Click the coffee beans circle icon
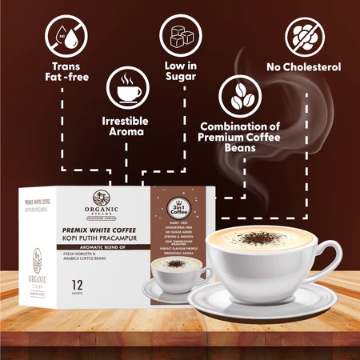pos(238,96)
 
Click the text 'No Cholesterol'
pos(306,68)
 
